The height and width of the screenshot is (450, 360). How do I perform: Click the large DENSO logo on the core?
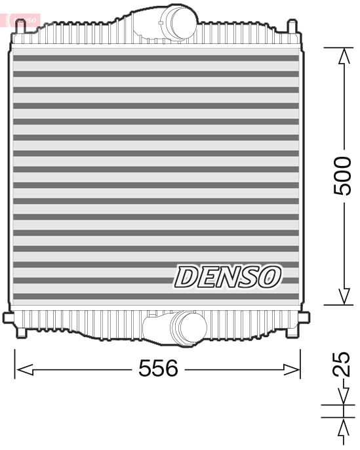pos(227,277)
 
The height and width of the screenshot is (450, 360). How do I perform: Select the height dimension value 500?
pos(342,175)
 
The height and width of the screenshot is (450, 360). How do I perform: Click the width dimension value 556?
pos(158,369)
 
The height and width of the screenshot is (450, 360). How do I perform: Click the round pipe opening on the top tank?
pos(181,21)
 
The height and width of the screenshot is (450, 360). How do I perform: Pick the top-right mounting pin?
pos(292,27)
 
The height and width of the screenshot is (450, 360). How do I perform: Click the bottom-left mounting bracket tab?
pos(9,318)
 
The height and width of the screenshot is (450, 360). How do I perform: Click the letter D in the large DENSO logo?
pos(186,277)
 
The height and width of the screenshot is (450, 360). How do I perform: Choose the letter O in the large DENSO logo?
pos(270,277)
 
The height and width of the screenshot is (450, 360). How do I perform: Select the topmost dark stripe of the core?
pos(156,58)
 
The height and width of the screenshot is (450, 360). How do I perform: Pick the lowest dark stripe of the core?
pos(156,296)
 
